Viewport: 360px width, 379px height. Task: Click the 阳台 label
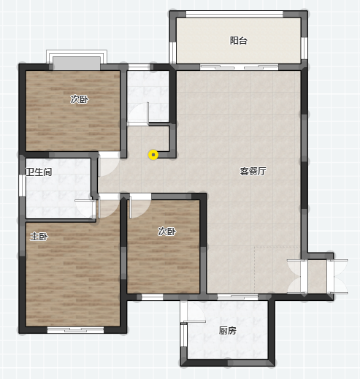click(239, 41)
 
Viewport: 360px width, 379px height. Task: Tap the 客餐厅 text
click(253, 172)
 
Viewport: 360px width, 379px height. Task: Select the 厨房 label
click(228, 331)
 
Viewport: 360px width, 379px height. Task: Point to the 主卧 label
click(39, 237)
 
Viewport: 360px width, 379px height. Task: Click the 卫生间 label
click(39, 172)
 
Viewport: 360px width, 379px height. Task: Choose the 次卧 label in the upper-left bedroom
click(80, 99)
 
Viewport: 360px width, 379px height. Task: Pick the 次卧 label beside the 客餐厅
click(166, 231)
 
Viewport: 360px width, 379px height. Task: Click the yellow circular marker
click(153, 155)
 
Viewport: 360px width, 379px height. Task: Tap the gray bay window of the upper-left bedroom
click(77, 64)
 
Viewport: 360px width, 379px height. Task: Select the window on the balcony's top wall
click(234, 14)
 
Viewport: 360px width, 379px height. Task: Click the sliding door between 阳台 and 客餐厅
click(240, 67)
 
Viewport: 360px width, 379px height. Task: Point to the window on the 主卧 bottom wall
click(75, 330)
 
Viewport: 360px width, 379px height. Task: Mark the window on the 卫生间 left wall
click(23, 185)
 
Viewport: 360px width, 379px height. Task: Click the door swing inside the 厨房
click(193, 313)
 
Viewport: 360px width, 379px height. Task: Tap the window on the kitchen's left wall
click(183, 335)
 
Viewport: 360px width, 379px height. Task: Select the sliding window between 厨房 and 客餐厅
click(237, 296)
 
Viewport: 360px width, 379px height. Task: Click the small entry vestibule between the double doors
click(317, 277)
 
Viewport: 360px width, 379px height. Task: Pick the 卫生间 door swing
click(85, 208)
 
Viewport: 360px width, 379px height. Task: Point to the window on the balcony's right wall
click(305, 48)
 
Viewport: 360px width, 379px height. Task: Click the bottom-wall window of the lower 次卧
click(152, 297)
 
